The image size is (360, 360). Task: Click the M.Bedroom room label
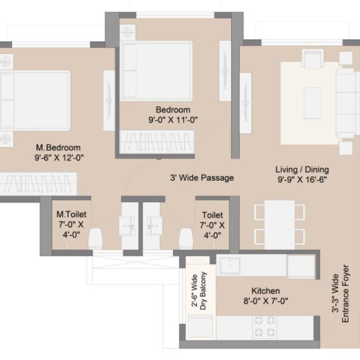[58, 147]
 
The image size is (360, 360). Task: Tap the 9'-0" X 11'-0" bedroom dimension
[173, 119]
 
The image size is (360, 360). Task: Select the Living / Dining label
[302, 170]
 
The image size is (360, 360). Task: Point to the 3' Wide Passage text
[202, 178]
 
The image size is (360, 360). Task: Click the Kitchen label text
[265, 291]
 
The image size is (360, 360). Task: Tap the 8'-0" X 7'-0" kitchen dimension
[265, 301]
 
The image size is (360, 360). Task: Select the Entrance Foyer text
[345, 293]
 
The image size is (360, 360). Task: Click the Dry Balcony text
[203, 291]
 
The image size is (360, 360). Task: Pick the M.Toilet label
[71, 215]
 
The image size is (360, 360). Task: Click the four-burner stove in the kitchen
[265, 327]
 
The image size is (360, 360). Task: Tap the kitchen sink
[229, 265]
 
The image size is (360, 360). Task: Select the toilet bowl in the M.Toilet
[95, 238]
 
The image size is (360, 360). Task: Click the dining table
[280, 225]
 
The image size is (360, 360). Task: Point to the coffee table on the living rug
[313, 103]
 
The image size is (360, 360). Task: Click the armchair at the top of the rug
[312, 59]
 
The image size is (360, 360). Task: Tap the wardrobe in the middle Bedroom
[157, 142]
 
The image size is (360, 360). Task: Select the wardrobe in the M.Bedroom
[38, 184]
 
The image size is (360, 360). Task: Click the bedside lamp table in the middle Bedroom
[127, 32]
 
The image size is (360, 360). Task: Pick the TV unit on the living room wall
[246, 103]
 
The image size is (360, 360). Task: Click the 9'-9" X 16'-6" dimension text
[302, 179]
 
